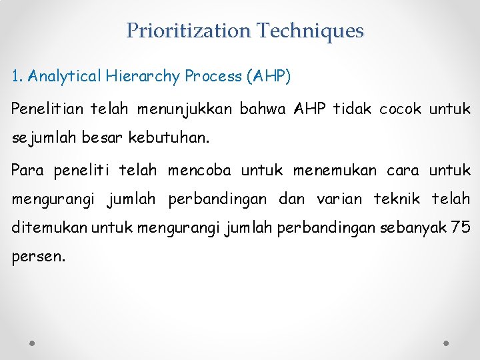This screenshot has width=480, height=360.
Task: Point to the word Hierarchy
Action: (143, 76)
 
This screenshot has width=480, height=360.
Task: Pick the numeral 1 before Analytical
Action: (16, 76)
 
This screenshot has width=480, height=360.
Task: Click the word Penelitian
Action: (49, 108)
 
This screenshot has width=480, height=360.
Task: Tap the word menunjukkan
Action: (181, 108)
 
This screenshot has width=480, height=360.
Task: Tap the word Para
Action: (27, 171)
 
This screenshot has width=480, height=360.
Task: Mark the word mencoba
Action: (199, 171)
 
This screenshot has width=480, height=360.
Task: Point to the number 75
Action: (461, 227)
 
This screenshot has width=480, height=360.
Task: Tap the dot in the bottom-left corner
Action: (33, 343)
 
